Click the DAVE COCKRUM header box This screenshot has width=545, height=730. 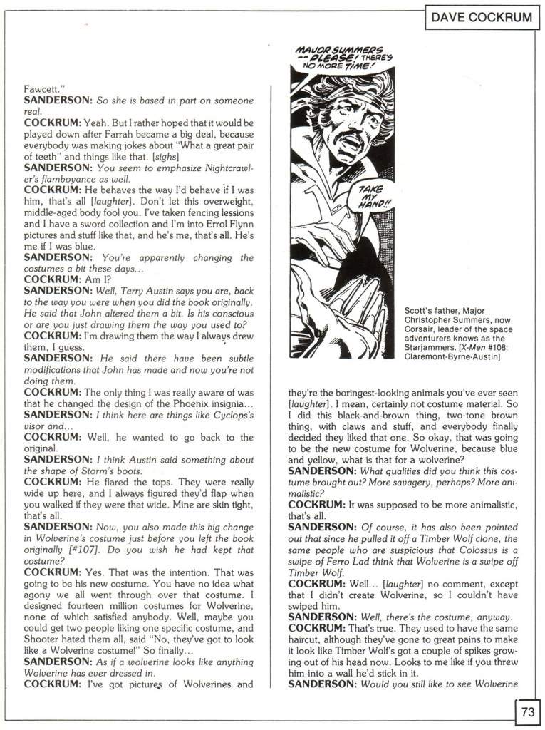tap(482, 17)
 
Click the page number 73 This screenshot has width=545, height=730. tap(527, 711)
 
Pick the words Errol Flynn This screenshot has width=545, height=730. tap(224, 224)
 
